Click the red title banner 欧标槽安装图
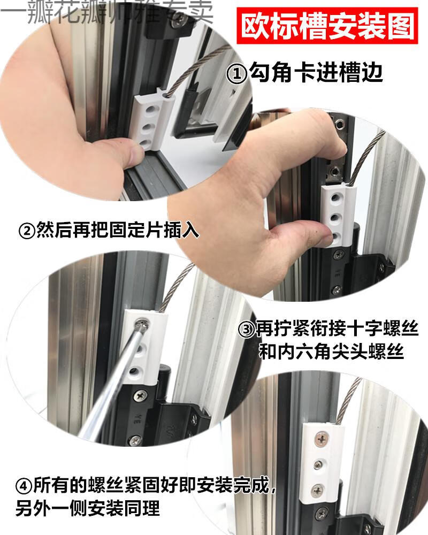click(327, 25)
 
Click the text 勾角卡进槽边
click(316, 73)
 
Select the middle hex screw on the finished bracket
click(318, 464)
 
